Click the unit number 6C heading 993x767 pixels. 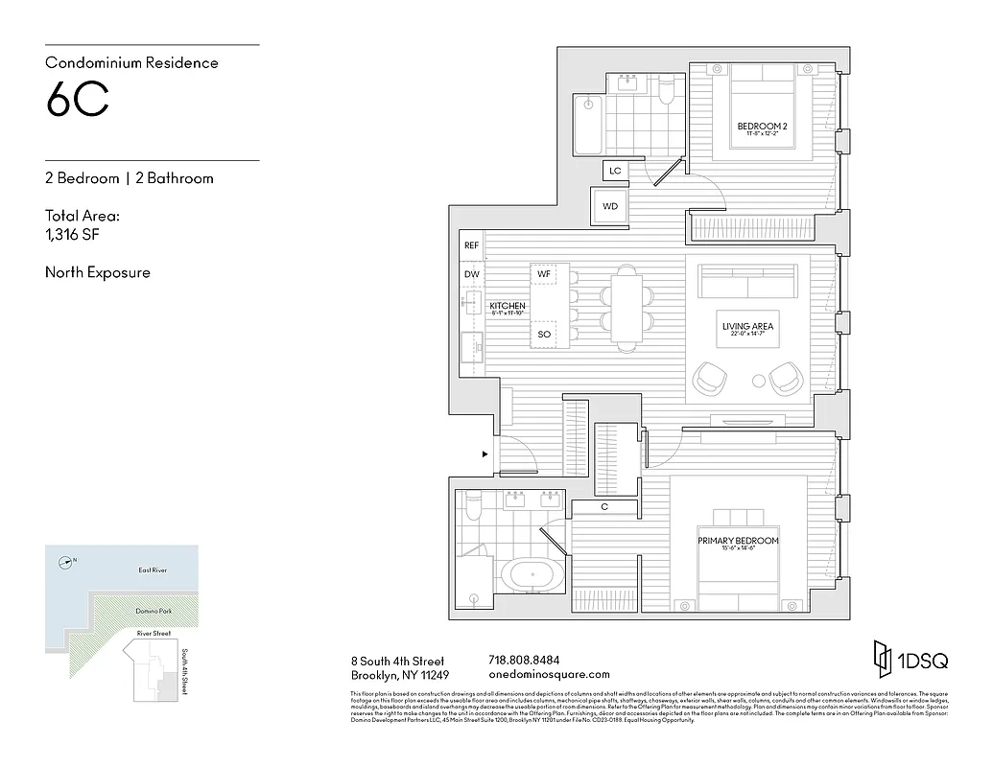77,101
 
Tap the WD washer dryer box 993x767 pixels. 610,206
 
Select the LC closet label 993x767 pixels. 615,171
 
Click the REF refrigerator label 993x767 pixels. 471,245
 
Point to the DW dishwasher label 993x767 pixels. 471,274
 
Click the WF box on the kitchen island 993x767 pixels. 544,274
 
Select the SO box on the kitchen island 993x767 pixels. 544,334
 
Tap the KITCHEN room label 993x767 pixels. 507,306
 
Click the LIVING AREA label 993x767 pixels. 747,327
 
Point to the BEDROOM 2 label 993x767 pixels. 762,127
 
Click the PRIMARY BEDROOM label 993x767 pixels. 738,541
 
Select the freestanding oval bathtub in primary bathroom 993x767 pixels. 531,575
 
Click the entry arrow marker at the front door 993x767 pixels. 485,454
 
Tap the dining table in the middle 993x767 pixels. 626,306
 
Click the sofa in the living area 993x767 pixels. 747,284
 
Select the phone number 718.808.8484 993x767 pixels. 524,661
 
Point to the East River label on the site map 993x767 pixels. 152,570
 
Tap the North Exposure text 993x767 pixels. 98,272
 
